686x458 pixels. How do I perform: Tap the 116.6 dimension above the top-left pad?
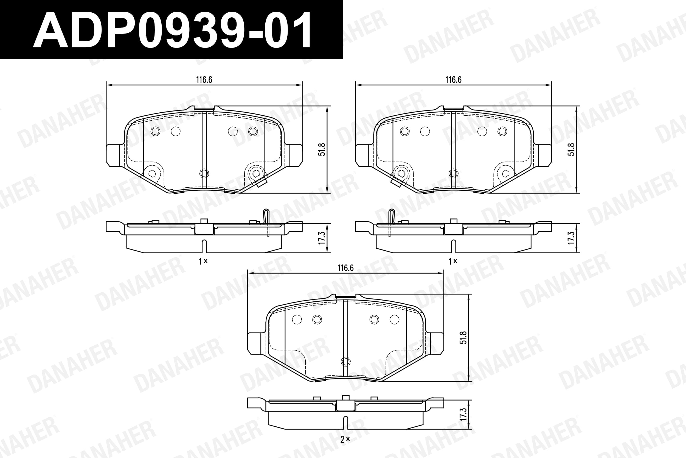point(204,80)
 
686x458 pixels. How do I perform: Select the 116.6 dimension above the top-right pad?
point(453,80)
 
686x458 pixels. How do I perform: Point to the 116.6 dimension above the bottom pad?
point(345,268)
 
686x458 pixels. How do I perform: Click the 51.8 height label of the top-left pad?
point(322,149)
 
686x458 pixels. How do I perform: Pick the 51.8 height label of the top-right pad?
point(571,149)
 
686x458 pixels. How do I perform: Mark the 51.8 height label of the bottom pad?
point(463,337)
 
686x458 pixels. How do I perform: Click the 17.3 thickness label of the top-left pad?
point(322,238)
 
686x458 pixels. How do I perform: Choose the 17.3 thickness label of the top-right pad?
point(571,238)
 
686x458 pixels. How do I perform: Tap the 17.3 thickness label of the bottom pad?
point(463,415)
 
